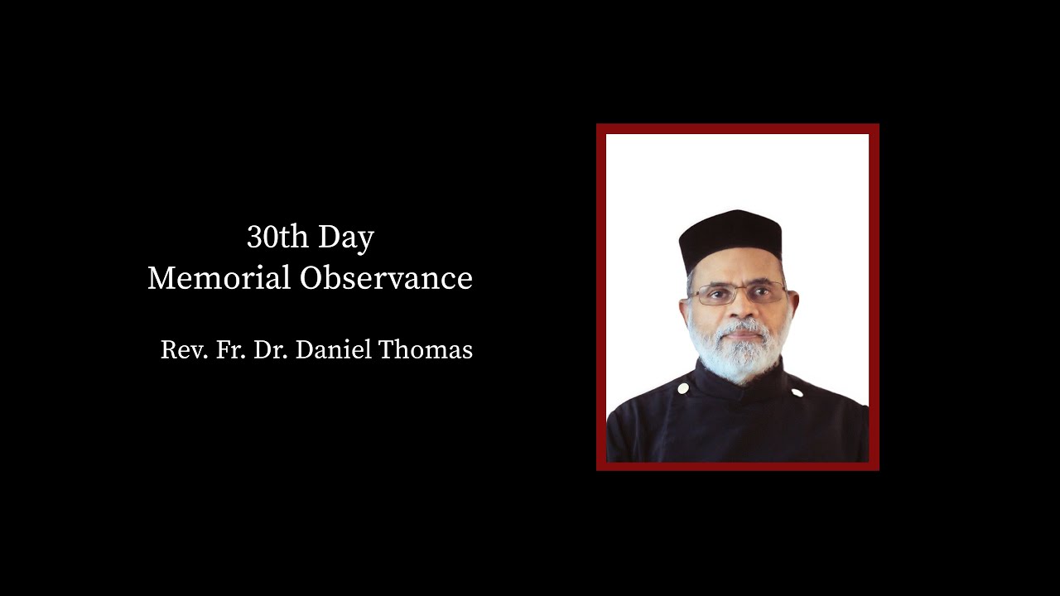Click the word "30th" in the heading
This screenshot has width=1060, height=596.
click(276, 238)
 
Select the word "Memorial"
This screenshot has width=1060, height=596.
click(219, 279)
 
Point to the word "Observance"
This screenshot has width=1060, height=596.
click(386, 279)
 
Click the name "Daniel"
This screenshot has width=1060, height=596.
click(333, 350)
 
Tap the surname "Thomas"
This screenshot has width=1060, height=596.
click(426, 350)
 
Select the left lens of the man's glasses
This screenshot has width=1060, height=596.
click(712, 295)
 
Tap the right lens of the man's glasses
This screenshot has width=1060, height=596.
click(764, 294)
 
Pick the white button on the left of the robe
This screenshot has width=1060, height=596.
click(683, 387)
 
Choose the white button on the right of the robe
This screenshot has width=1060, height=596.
click(796, 392)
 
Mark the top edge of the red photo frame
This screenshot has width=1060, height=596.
click(737, 128)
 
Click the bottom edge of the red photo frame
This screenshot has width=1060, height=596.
click(737, 466)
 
